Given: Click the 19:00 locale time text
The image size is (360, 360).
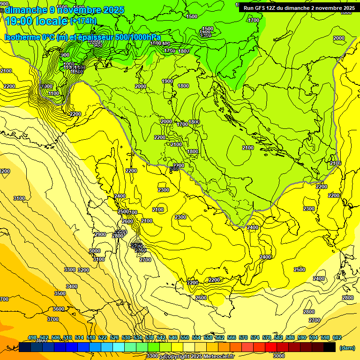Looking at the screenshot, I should point(36,21).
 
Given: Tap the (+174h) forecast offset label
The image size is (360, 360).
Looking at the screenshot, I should point(83,21).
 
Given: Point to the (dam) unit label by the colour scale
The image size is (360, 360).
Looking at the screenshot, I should point(346,348).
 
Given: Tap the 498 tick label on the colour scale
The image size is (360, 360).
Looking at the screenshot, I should point(32,338).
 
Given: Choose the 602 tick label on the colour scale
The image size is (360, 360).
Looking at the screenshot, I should point(337,338).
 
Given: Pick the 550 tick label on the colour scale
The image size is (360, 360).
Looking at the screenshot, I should point(185,338).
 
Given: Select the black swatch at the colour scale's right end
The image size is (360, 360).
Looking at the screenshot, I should point(330,347).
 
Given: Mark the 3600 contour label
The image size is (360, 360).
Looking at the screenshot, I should point(59,309).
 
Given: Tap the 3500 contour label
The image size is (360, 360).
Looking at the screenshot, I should point(60,293).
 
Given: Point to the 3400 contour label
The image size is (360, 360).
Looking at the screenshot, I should point(72,286).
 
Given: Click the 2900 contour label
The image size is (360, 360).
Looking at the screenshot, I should point(100,234).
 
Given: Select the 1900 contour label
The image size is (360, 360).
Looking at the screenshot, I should point(167,81).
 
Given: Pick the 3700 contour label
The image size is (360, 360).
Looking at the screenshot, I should point(53,319).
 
